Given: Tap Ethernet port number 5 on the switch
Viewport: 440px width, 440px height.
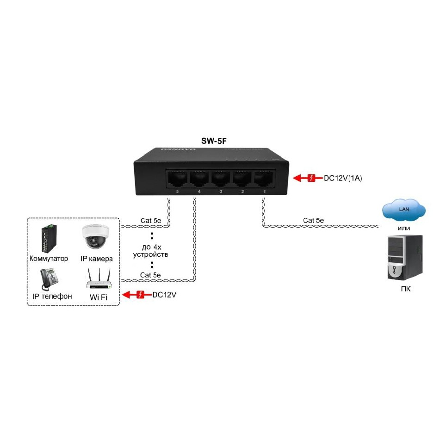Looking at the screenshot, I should point(177,178).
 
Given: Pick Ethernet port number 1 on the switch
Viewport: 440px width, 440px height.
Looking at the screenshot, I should point(263,178).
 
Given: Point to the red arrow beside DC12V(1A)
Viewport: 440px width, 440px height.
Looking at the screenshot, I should point(305,178).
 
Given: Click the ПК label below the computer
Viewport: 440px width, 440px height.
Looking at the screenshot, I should point(406,289).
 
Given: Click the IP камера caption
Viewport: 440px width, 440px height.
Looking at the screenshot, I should point(97,259).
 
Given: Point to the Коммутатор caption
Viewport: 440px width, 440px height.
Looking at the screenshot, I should point(49,259).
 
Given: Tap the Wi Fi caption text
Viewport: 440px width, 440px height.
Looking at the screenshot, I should point(98,297).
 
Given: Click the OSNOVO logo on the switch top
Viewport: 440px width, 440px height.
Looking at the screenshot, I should point(179,149).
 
